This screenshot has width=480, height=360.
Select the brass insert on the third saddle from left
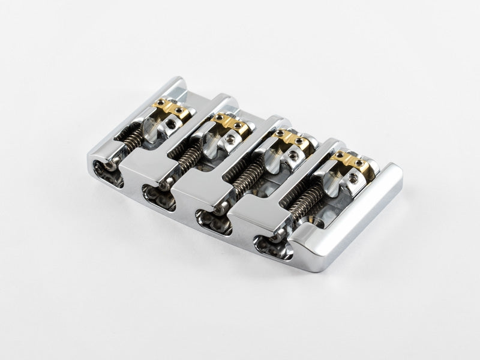(x=289, y=140)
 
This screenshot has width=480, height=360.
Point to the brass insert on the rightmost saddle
(x=349, y=160)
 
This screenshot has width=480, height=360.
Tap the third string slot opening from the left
(x=209, y=219)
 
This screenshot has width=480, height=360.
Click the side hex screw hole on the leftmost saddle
(x=173, y=124)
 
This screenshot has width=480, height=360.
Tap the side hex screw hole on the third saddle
(x=293, y=156)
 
